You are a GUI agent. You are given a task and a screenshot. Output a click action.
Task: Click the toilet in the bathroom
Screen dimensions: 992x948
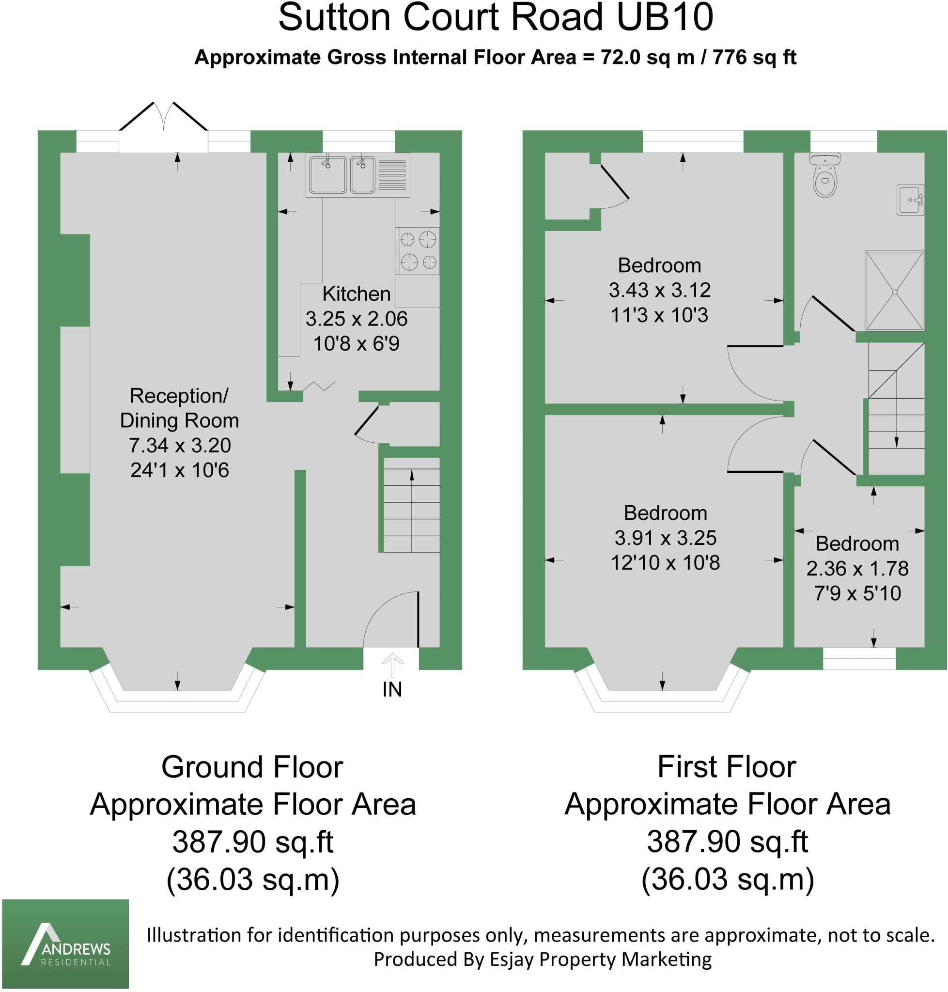(824, 177)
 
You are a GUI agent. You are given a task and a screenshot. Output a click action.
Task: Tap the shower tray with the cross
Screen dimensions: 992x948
(894, 292)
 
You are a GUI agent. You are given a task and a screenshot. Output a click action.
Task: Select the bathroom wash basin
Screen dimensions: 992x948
(911, 200)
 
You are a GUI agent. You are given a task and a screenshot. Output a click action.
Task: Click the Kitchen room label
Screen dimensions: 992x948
(356, 294)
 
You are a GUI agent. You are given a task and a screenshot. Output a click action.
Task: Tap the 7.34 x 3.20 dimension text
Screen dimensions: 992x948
(179, 445)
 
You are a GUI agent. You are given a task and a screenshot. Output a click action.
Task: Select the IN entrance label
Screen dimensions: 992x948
(392, 689)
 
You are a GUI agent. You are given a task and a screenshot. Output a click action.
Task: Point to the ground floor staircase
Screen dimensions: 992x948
(411, 505)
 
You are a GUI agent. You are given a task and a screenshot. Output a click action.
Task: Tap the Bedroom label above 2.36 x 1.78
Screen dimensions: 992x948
(857, 544)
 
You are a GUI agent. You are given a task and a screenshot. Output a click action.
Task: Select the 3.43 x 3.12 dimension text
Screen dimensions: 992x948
(659, 290)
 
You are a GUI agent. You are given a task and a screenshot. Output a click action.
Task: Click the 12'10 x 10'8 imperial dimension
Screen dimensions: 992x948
(665, 562)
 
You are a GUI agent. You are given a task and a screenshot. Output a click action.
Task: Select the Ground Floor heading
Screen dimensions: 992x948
(252, 767)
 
